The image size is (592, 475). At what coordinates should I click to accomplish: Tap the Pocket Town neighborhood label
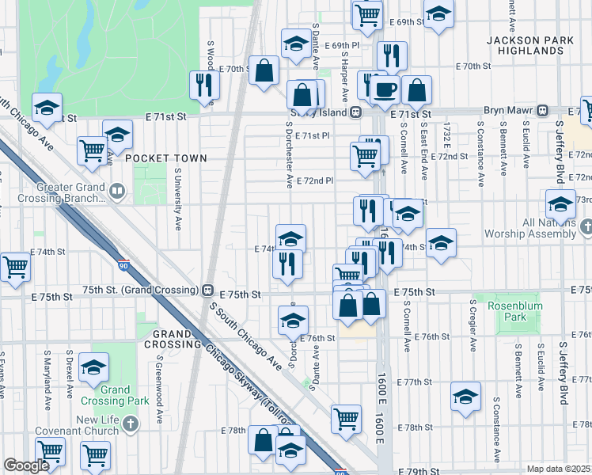[155, 158]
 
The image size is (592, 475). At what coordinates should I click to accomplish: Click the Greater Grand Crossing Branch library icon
[117, 190]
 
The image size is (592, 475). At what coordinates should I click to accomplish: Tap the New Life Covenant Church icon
[131, 424]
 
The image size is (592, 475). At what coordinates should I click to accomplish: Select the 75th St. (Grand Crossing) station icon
[208, 291]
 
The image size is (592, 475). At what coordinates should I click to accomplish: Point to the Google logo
[25, 465]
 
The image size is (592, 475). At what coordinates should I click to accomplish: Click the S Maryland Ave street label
[47, 375]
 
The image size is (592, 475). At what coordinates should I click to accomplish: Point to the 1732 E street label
[447, 135]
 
